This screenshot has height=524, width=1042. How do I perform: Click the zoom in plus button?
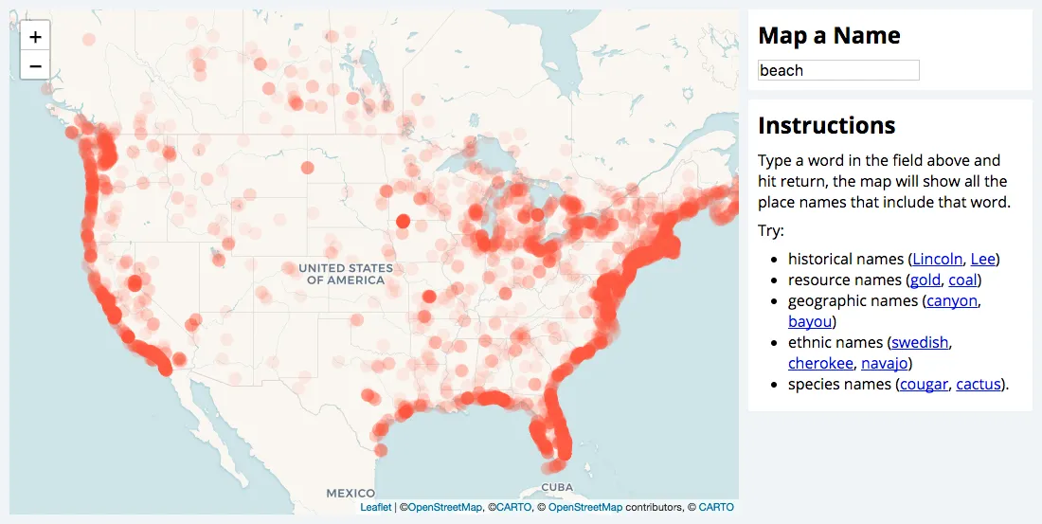[35, 37]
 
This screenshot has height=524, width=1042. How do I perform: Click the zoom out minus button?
[35, 65]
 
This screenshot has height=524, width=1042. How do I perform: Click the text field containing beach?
[838, 70]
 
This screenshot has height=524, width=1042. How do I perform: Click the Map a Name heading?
[829, 36]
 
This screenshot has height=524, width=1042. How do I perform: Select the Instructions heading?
[826, 125]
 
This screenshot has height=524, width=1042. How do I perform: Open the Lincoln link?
[938, 259]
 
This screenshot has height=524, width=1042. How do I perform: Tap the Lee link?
[983, 259]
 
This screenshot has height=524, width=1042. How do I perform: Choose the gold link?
[925, 280]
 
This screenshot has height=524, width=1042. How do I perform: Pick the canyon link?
[952, 300]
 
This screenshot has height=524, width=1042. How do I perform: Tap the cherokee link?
[820, 363]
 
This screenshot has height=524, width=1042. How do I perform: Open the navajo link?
[885, 363]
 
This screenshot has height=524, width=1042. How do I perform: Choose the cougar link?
[924, 384]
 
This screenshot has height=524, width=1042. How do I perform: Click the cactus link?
[979, 384]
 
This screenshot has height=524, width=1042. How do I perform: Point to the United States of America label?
[347, 274]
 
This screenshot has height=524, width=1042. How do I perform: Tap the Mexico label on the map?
[350, 494]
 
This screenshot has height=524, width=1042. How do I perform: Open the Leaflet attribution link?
[376, 507]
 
